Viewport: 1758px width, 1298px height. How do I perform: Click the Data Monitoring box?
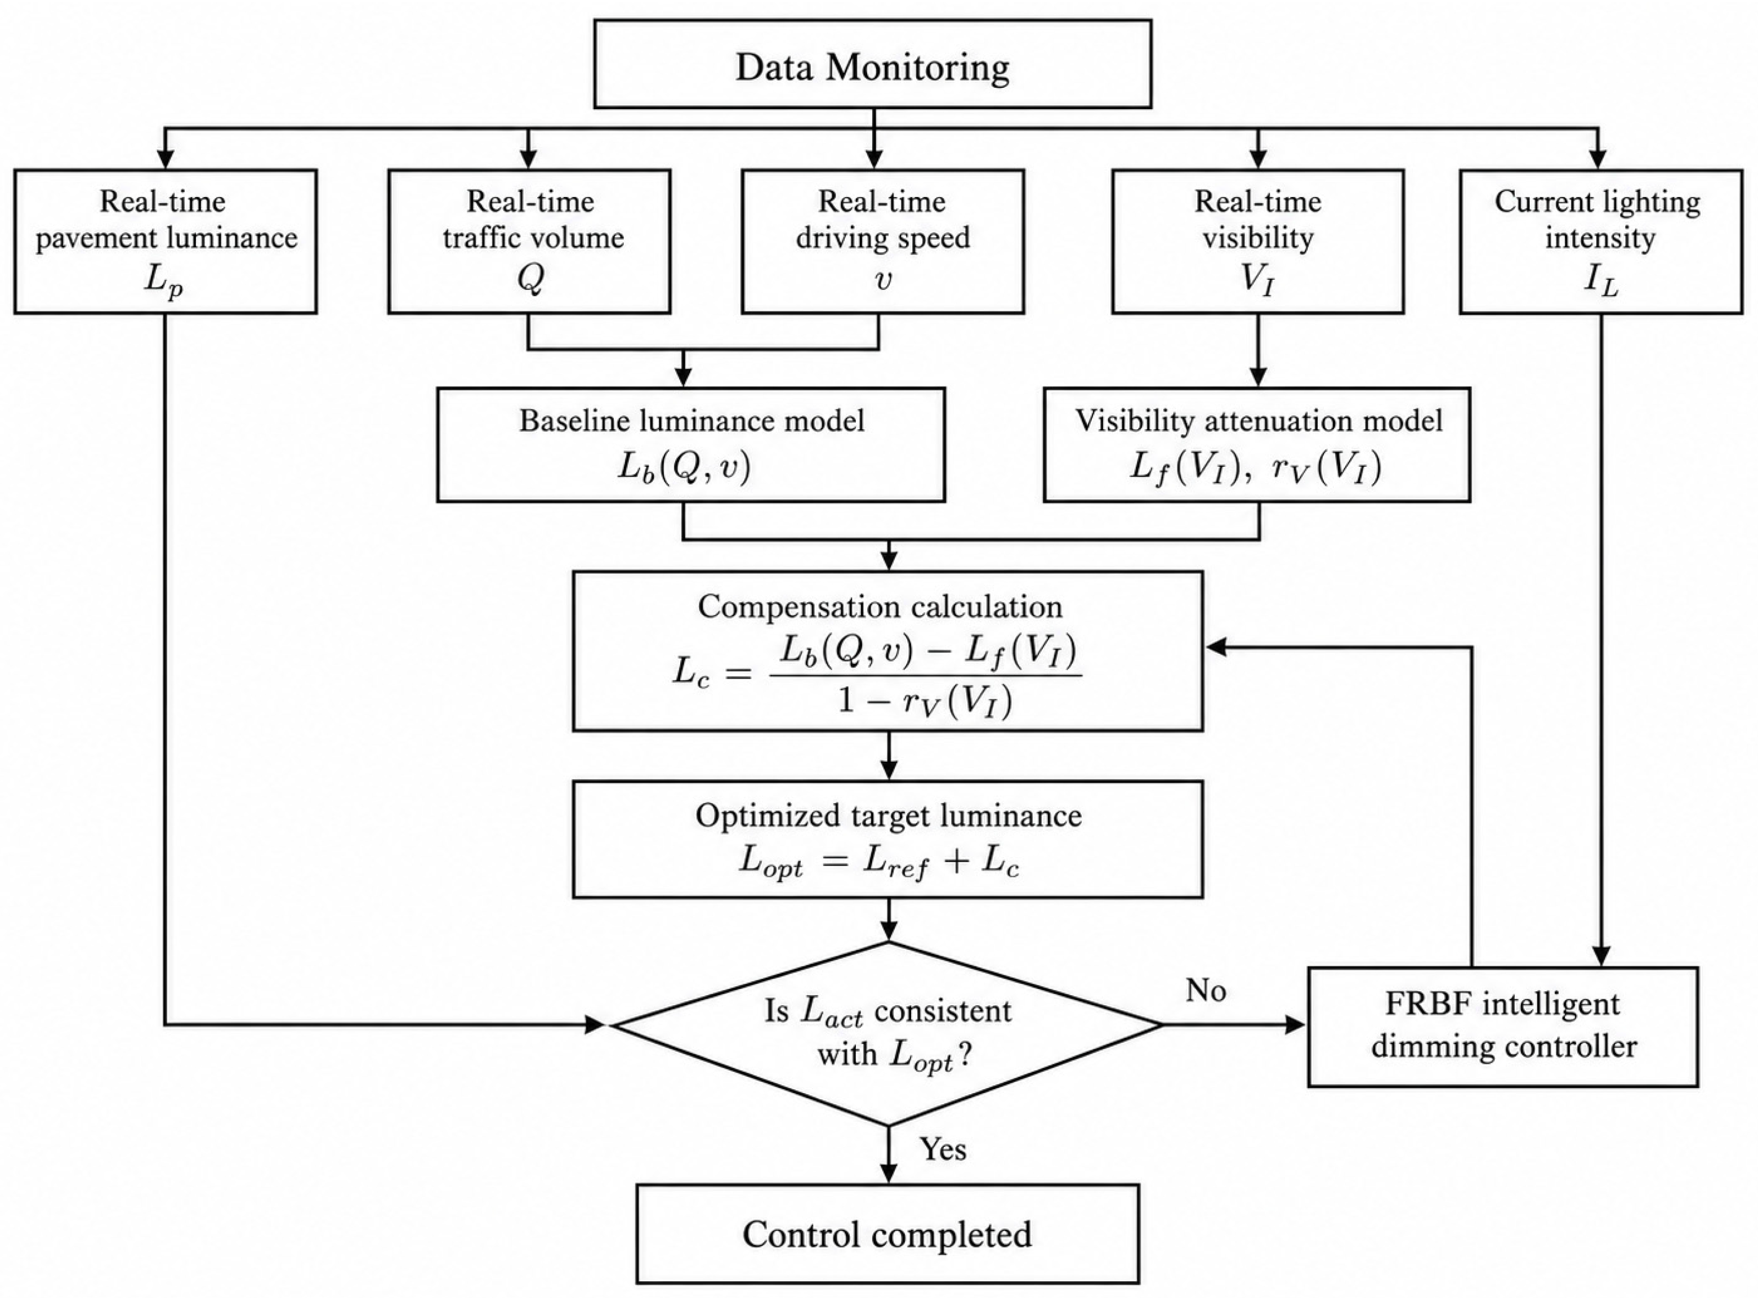(x=873, y=64)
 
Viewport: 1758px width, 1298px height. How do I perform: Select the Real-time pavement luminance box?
(x=165, y=241)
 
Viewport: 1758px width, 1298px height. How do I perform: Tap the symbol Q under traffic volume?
(x=530, y=279)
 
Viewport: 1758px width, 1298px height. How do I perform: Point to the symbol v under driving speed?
(x=883, y=280)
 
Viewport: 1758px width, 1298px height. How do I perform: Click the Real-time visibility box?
(x=1257, y=241)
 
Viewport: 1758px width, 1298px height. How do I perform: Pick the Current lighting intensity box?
(x=1601, y=241)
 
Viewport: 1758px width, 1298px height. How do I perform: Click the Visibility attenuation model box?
(x=1257, y=444)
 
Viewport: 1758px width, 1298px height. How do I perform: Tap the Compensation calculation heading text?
(x=880, y=606)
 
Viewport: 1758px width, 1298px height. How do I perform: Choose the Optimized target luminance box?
(x=887, y=839)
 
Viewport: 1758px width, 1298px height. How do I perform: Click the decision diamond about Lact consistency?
(x=887, y=1033)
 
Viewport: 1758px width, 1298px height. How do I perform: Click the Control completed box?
(x=887, y=1234)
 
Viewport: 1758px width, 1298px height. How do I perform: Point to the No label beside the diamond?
(x=1206, y=991)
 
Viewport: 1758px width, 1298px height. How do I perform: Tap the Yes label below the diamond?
(x=943, y=1149)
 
